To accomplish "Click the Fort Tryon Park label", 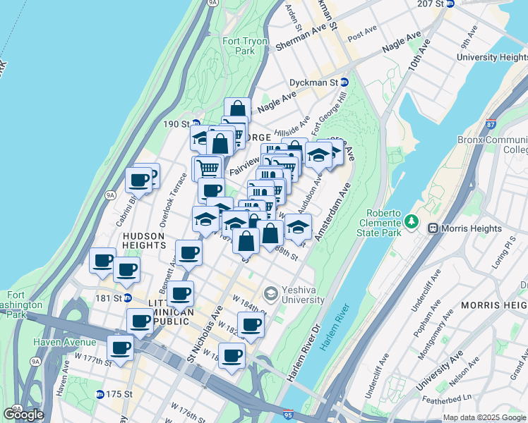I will [245, 47].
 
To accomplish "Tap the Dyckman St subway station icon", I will [344, 82].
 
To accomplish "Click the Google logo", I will [24, 414].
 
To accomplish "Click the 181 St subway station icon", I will [128, 298].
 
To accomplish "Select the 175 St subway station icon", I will [100, 394].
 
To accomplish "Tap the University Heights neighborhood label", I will [491, 57].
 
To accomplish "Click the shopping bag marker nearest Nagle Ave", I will [238, 109].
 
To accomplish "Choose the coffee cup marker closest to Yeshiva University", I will [251, 324].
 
